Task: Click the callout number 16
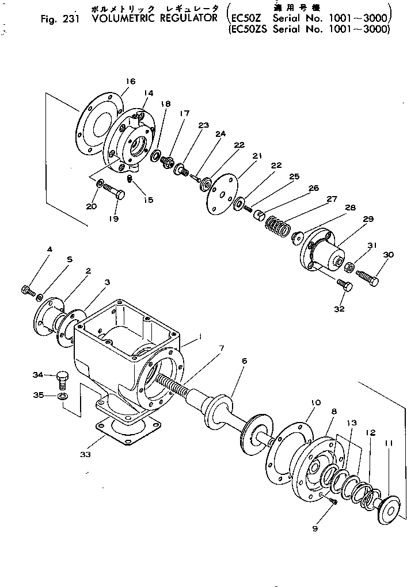point(131,81)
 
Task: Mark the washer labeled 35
point(62,396)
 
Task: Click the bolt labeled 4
point(28,290)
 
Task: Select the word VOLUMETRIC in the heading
point(117,18)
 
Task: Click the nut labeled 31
point(349,267)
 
